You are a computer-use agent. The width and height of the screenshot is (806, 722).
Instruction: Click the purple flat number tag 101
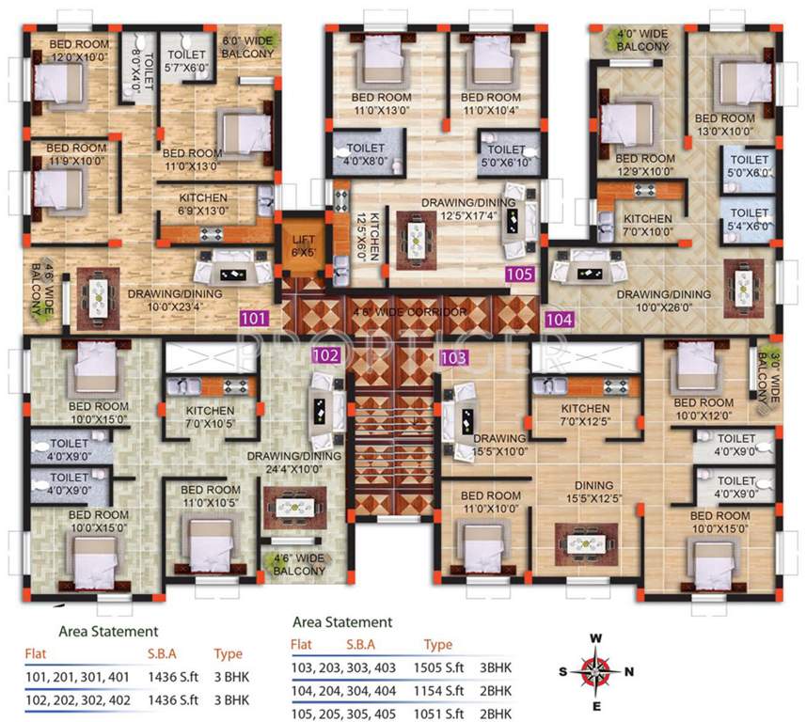coord(255,318)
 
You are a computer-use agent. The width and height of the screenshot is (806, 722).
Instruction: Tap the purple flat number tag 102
coord(325,355)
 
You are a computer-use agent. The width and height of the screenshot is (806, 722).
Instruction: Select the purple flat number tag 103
coord(453,357)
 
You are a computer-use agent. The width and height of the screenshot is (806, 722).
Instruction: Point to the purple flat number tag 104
coord(559,319)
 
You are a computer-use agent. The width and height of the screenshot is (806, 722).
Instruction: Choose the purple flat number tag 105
coord(519,275)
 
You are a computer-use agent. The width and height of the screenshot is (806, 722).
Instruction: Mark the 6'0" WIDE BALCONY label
coord(247,48)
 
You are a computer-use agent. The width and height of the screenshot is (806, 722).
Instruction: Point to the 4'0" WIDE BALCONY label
coord(641,40)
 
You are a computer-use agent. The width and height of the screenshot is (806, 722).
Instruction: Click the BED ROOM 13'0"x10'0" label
coord(724,125)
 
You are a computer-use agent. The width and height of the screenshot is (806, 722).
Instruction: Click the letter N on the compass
coord(629,671)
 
